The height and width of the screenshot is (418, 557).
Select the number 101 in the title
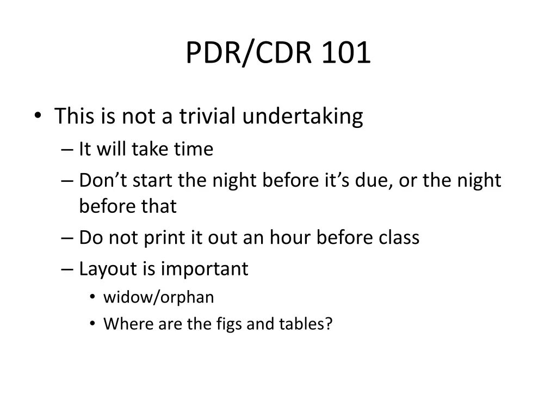click(x=346, y=53)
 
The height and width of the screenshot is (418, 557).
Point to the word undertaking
click(x=302, y=117)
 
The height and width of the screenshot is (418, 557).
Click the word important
click(x=205, y=269)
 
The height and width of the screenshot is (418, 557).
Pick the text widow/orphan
click(x=158, y=297)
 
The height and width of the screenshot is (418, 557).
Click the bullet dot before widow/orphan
click(x=93, y=297)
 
